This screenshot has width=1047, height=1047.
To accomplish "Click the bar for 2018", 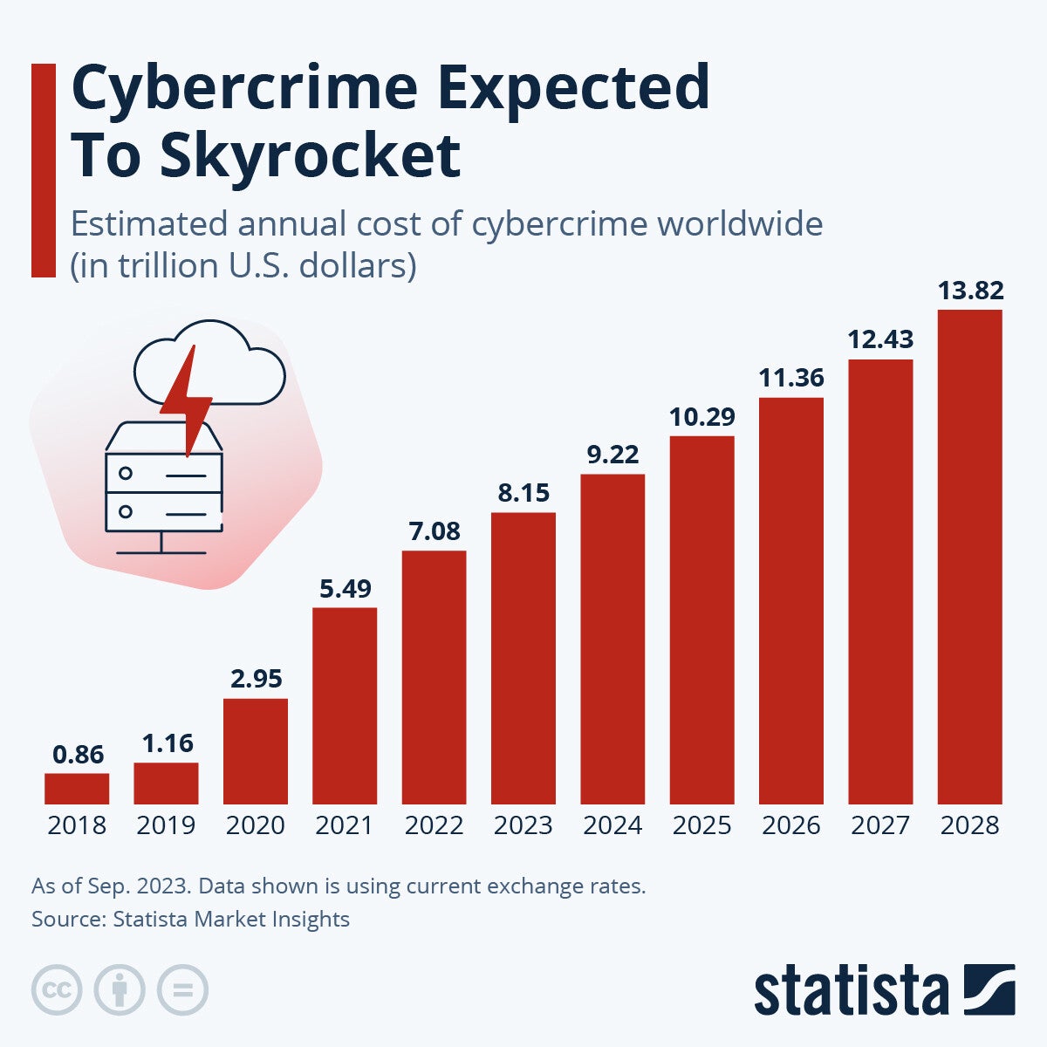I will (x=77, y=788).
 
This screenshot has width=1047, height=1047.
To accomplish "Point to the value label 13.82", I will (x=970, y=291).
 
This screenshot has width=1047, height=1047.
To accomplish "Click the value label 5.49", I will (x=345, y=589).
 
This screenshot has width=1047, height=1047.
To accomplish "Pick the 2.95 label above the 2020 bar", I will (x=256, y=679).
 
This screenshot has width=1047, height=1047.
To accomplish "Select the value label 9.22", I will (x=612, y=455).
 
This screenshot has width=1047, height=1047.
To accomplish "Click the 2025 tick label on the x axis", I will (x=701, y=825).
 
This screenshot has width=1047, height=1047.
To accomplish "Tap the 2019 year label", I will (x=166, y=825).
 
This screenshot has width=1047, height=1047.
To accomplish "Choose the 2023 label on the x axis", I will (x=523, y=825).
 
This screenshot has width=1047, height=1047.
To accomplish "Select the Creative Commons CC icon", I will (x=57, y=990).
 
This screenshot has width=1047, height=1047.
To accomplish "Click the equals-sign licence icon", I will (x=182, y=990).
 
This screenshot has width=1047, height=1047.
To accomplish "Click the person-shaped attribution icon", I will (x=120, y=990).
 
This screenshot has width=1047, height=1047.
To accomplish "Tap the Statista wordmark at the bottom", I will (x=851, y=991).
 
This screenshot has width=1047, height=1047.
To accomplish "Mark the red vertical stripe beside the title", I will (x=43, y=170).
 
